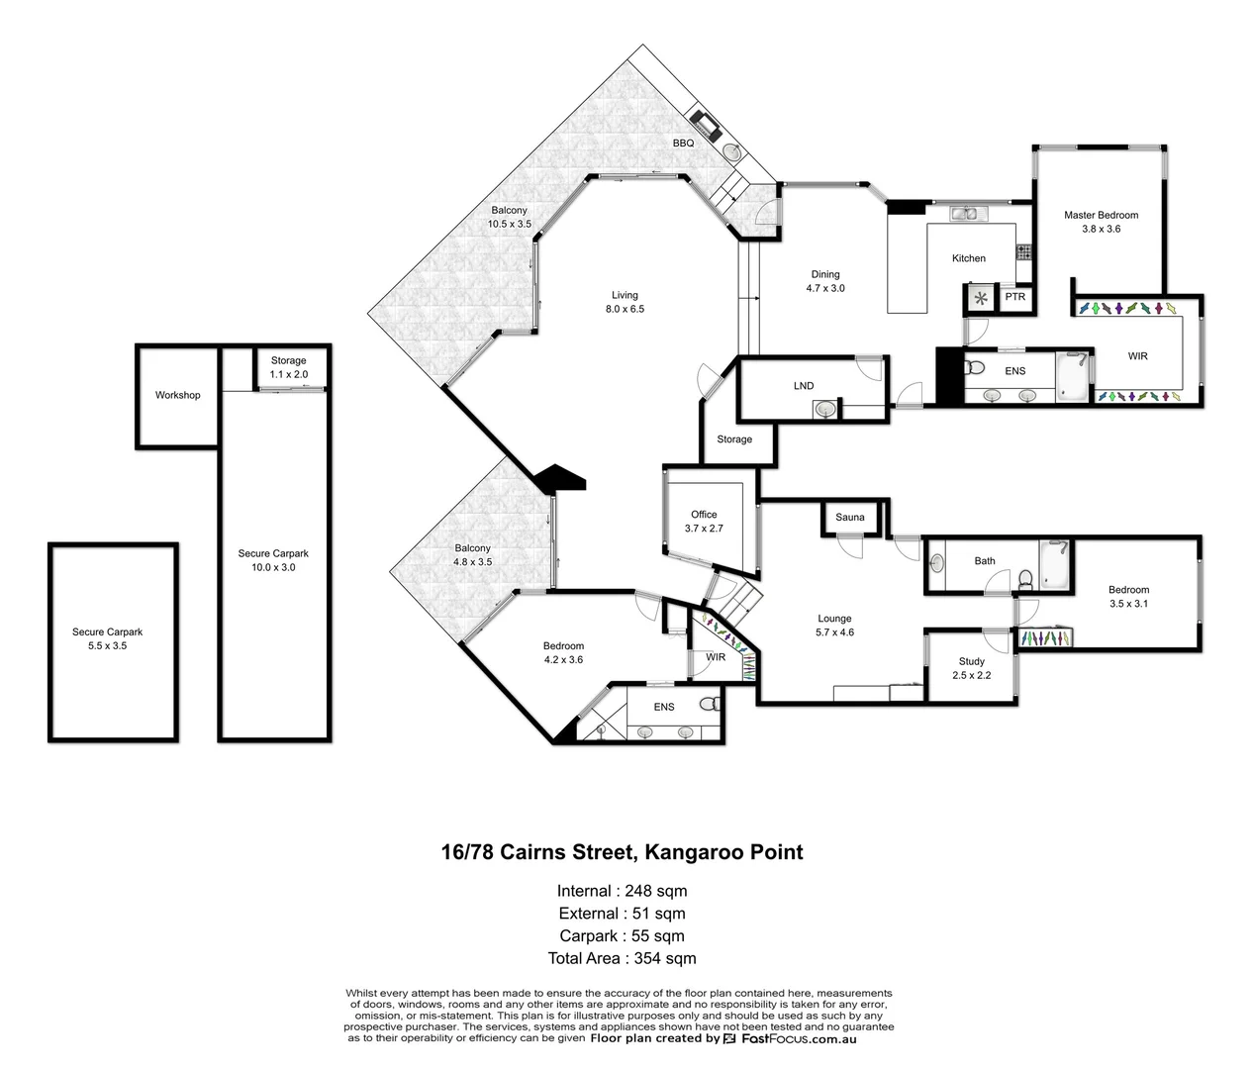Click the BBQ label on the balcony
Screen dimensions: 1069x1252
683,144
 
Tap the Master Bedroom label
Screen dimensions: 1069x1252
1101,215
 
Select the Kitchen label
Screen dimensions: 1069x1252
968,258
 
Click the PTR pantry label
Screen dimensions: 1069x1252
1014,297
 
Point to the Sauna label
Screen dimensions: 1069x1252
849,517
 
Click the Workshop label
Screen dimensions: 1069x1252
177,395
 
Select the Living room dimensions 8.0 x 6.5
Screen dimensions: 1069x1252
625,309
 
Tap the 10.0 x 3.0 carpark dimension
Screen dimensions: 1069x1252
273,567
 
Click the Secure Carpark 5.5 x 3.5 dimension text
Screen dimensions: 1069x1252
107,645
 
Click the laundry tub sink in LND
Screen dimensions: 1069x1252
825,408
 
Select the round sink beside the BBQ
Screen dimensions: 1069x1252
731,152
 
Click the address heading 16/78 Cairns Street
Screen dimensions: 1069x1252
622,852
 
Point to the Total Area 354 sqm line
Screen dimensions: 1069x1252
622,958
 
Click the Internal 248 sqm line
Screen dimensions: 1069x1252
622,891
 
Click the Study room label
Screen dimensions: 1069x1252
971,661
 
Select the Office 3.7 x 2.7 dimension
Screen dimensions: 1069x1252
704,529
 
